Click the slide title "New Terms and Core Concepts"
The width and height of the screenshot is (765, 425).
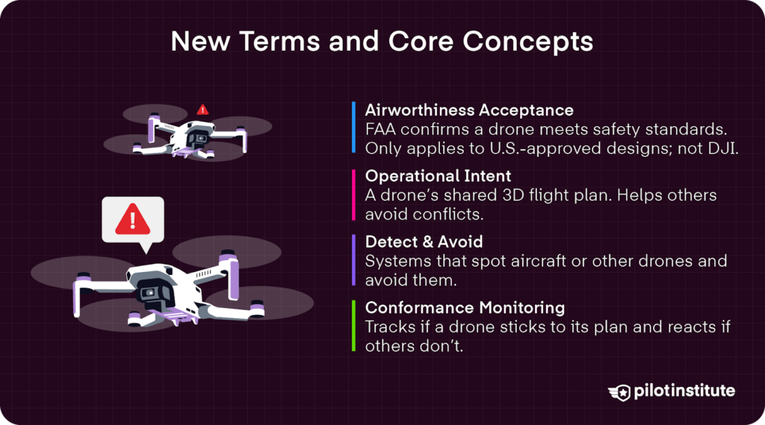pyautogui.click(x=382, y=42)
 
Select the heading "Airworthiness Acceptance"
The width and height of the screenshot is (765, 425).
pyautogui.click(x=469, y=111)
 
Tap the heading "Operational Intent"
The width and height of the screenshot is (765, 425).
pyautogui.click(x=438, y=176)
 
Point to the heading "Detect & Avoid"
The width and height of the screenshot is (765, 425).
pyautogui.click(x=424, y=242)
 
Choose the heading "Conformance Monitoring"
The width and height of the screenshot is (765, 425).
pyautogui.click(x=465, y=308)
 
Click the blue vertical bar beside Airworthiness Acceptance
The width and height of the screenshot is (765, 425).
pyautogui.click(x=353, y=128)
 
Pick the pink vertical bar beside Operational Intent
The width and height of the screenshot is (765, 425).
pyautogui.click(x=353, y=194)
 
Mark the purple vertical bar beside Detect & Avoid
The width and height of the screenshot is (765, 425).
pyautogui.click(x=353, y=260)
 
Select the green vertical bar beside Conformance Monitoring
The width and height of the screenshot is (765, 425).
pyautogui.click(x=353, y=326)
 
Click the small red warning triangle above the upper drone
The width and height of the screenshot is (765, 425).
pyautogui.click(x=202, y=110)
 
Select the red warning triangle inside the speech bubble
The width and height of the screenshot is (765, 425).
pyautogui.click(x=132, y=218)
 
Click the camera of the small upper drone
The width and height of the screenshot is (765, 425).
pyautogui.click(x=199, y=140)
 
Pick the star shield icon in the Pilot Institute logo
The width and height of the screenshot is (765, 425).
pyautogui.click(x=619, y=391)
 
